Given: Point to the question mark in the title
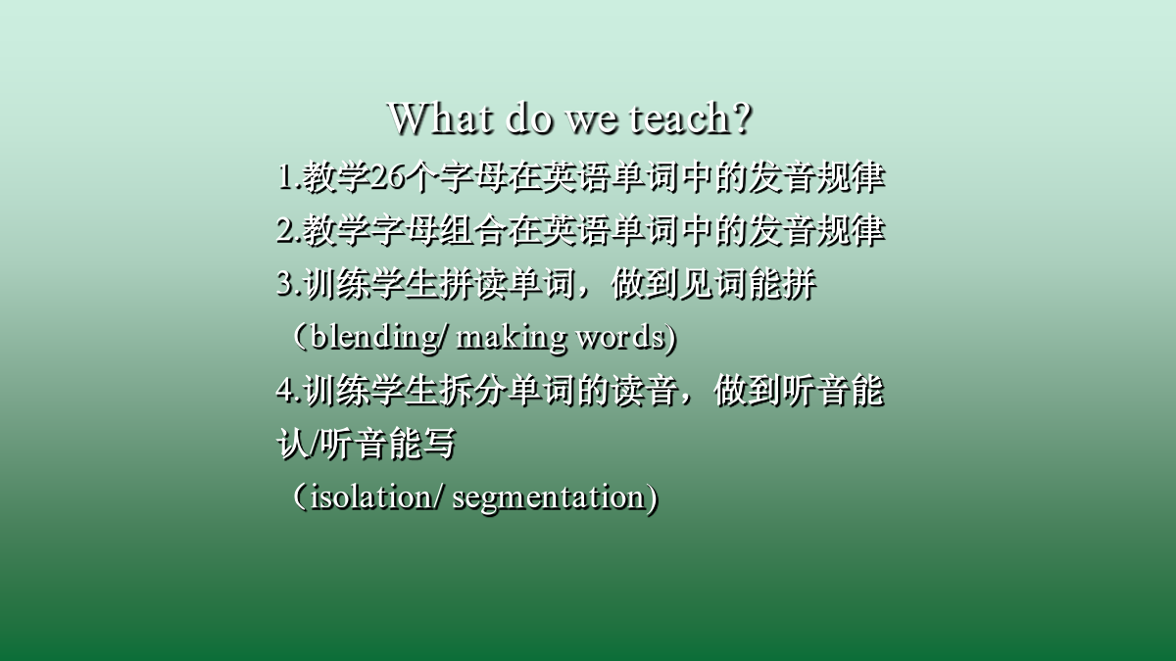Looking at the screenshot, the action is click(741, 118).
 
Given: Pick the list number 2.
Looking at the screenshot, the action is click(285, 230).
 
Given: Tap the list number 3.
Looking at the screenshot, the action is click(285, 284).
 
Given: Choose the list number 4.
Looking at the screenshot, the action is click(285, 391).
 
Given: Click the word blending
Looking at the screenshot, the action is click(374, 337).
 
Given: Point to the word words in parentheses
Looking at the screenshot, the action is click(620, 337).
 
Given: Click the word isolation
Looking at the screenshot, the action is click(371, 496).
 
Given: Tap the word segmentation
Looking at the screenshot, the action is click(548, 497).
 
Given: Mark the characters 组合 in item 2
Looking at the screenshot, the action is click(473, 230).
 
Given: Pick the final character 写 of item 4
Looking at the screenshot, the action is click(439, 444).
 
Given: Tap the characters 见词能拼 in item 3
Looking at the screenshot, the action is click(748, 284).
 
